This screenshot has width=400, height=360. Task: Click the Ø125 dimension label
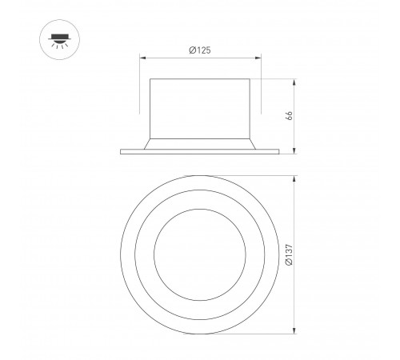tap(200, 50)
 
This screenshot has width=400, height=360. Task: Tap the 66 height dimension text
tap(290, 115)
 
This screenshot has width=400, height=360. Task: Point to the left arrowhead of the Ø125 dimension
tap(142, 58)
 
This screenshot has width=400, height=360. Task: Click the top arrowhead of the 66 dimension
tap(296, 81)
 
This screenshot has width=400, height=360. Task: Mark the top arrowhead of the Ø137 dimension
tap(296, 178)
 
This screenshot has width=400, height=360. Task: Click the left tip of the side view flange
tap(121, 151)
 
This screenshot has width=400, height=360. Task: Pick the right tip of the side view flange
tap(279, 151)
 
